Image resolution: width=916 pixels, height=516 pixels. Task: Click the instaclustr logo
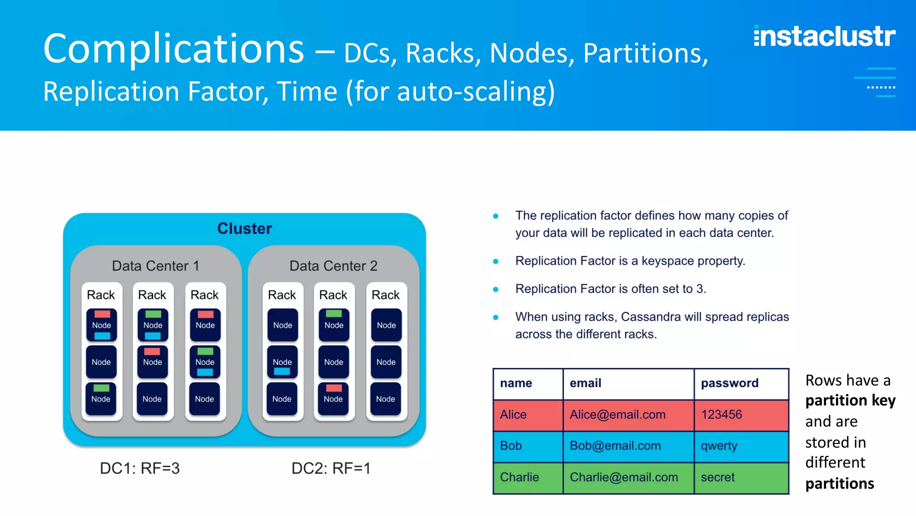[824, 36]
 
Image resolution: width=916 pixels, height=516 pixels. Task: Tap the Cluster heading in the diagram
[244, 228]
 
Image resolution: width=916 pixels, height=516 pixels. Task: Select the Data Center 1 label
[155, 266]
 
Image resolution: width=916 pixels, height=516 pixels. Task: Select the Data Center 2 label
[333, 266]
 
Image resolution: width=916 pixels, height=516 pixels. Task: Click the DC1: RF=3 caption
[140, 468]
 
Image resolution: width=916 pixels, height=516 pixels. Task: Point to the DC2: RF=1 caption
[331, 468]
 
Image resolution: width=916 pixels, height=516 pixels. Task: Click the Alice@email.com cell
[617, 415]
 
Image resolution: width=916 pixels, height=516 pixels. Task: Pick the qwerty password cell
[719, 446]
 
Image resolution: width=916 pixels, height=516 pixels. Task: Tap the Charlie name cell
[519, 477]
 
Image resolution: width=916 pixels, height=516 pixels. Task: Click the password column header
[729, 383]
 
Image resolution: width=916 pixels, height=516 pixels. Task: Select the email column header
[585, 383]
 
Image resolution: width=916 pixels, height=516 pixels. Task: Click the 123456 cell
[721, 415]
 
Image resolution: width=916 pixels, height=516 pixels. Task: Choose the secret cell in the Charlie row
[717, 477]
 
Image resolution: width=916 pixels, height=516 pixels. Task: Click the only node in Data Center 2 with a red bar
[333, 398]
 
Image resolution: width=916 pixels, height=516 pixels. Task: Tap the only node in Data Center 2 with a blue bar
[282, 362]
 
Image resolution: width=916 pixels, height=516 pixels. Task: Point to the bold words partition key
[850, 400]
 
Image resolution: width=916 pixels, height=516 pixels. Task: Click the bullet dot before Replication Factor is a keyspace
[496, 261]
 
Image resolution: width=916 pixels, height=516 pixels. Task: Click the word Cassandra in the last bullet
[650, 317]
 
